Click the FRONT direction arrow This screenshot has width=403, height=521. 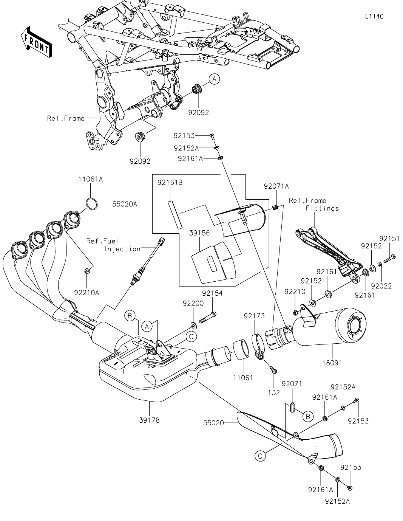point(36,42)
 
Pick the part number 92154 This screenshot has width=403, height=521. point(212,293)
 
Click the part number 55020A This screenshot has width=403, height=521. point(124,204)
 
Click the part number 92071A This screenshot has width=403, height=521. point(276,186)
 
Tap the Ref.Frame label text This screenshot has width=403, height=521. point(66,118)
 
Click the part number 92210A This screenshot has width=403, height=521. point(86,292)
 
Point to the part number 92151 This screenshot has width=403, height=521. point(389,239)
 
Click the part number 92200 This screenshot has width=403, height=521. point(193,303)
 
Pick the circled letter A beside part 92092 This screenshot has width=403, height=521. point(214,79)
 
